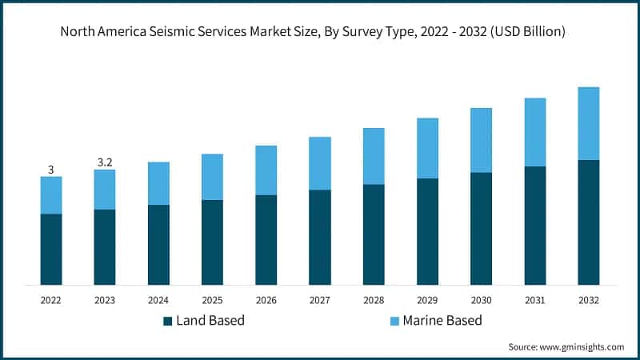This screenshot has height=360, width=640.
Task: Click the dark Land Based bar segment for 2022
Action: coord(51,249)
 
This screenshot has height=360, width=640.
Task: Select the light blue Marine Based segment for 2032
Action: coord(588,123)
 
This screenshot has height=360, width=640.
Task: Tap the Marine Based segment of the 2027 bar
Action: coord(320,163)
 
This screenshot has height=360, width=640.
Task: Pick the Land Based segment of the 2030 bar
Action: coord(481,228)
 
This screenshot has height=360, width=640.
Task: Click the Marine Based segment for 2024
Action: coord(158,183)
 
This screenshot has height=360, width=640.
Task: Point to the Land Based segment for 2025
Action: coord(212,242)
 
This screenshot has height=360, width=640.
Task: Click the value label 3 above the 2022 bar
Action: coord(51,170)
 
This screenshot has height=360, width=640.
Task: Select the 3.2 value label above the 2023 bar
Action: coord(105,162)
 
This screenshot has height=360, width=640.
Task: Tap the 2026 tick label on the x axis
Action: coord(266,300)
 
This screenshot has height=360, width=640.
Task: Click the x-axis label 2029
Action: coord(427,300)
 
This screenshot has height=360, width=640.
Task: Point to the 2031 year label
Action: coord(534,300)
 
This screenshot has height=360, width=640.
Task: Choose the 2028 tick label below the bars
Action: coord(374,300)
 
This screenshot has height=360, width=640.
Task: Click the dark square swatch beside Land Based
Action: coord(168,321)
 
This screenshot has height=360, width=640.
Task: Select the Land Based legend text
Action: coord(210,321)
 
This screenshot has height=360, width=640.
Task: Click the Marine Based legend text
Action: coord(442,321)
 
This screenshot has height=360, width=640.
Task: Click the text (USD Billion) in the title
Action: coord(527,32)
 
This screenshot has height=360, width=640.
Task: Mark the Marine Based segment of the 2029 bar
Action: coord(427,148)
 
